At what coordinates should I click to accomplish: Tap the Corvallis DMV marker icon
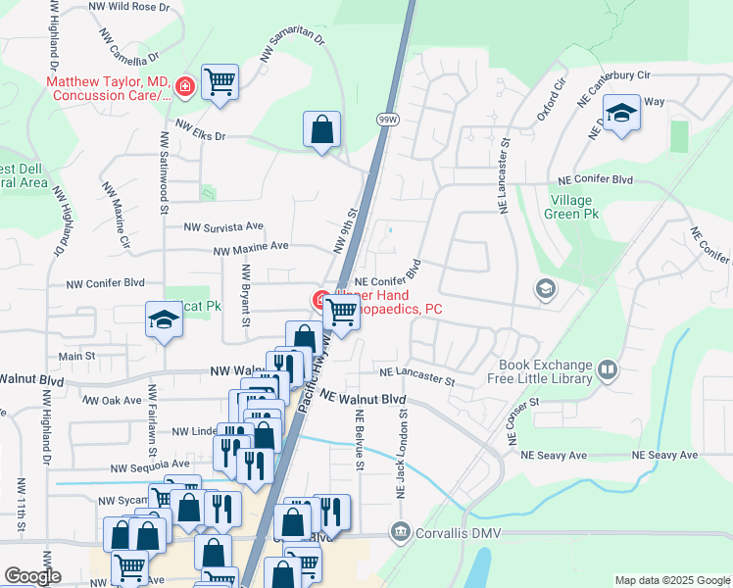pyautogui.click(x=400, y=532)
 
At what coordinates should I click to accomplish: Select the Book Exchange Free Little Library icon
pyautogui.click(x=608, y=369)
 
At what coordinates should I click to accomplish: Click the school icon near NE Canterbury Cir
pyautogui.click(x=621, y=114)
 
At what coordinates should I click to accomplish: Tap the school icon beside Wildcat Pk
pyautogui.click(x=165, y=319)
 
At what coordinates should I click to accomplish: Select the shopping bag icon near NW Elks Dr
pyautogui.click(x=321, y=129)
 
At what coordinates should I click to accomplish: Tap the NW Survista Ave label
pyautogui.click(x=224, y=225)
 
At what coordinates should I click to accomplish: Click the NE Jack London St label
pyautogui.click(x=402, y=452)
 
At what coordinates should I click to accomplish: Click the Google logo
pyautogui.click(x=32, y=576)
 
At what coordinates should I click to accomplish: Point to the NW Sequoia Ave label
pyautogui.click(x=149, y=465)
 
